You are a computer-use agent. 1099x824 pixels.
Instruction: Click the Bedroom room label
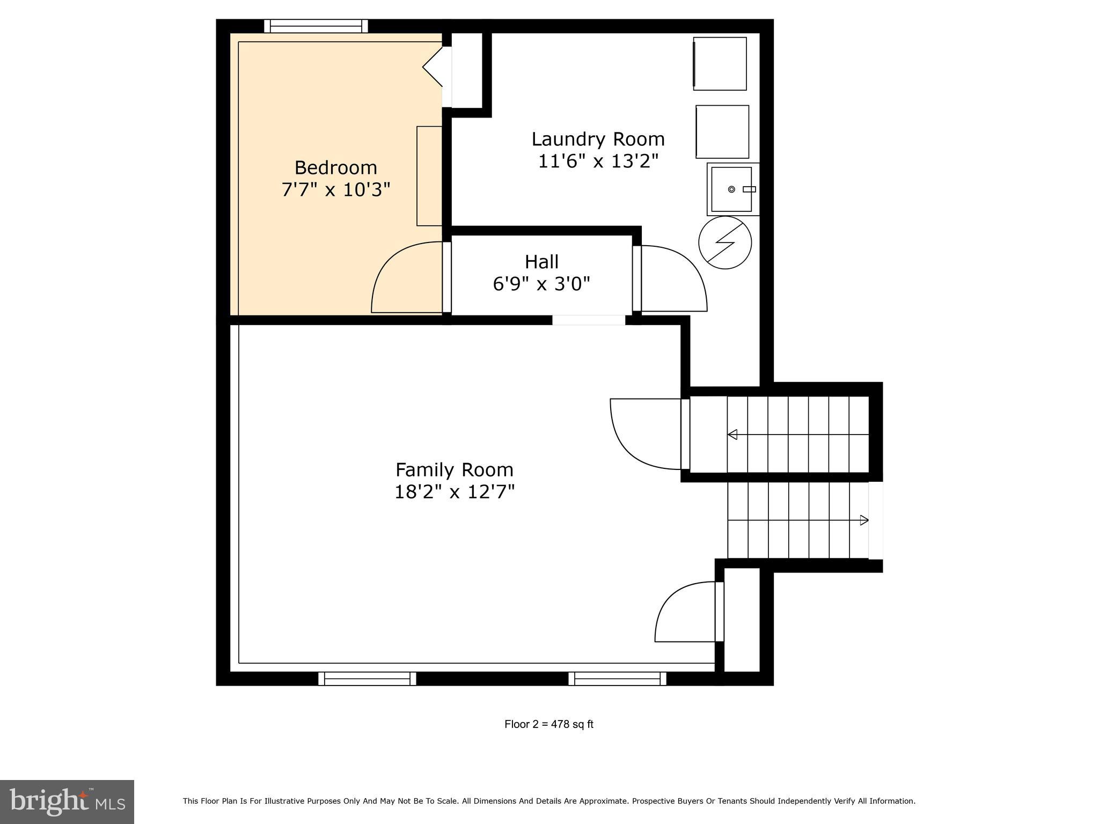pyautogui.click(x=335, y=168)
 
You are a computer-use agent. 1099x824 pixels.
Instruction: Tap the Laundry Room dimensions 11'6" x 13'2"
pyautogui.click(x=598, y=161)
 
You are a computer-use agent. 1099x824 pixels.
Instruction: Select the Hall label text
pyautogui.click(x=541, y=262)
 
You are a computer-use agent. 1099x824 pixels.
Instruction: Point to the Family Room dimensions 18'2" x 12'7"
pyautogui.click(x=455, y=492)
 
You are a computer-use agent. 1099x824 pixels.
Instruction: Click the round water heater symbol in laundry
pyautogui.click(x=724, y=242)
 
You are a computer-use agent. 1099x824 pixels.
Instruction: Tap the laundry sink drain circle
pyautogui.click(x=731, y=189)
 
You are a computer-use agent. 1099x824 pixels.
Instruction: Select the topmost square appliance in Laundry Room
pyautogui.click(x=720, y=64)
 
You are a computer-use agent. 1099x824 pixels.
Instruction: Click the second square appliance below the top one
pyautogui.click(x=722, y=132)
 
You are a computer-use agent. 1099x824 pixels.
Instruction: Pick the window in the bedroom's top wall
pyautogui.click(x=316, y=26)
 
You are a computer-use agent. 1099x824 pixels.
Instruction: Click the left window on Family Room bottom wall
pyautogui.click(x=367, y=679)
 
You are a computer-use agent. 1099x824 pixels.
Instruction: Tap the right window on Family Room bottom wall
pyautogui.click(x=617, y=679)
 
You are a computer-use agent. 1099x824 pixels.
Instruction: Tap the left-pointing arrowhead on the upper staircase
pyautogui.click(x=732, y=435)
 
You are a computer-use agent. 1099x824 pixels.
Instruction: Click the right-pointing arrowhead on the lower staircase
pyautogui.click(x=864, y=520)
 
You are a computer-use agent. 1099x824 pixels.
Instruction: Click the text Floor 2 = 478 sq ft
pyautogui.click(x=548, y=724)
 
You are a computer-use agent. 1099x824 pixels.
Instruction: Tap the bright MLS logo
pyautogui.click(x=67, y=802)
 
